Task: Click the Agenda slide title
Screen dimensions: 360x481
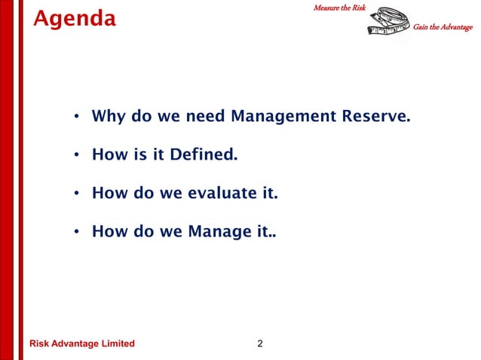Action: [x=75, y=18]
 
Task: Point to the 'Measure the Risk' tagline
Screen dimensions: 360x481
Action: [x=339, y=7]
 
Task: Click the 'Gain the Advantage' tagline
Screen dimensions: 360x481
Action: [x=443, y=28]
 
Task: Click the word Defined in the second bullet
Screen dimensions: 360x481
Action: [x=204, y=156]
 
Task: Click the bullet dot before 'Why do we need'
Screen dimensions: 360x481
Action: [x=77, y=117]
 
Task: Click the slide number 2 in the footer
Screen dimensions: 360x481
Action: [x=260, y=344]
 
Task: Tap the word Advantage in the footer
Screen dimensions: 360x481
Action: [x=76, y=344]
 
